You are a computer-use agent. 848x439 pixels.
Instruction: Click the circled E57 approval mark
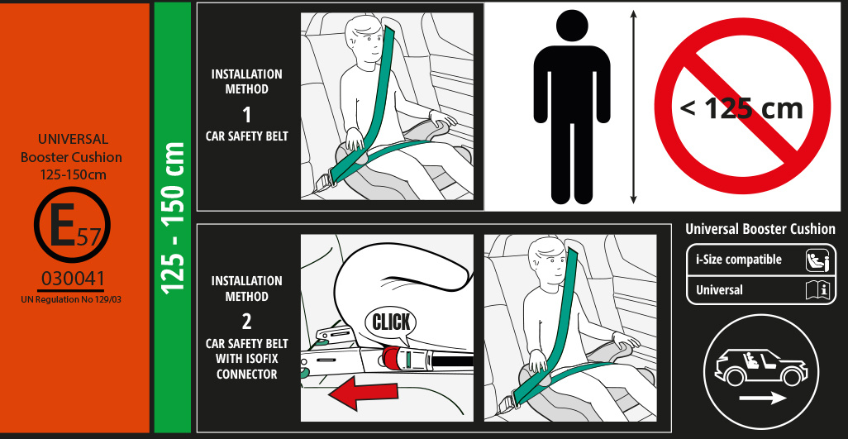pyautogui.click(x=72, y=225)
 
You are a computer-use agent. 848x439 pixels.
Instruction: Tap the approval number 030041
pyautogui.click(x=73, y=279)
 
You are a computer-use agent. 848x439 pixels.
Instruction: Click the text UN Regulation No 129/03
pyautogui.click(x=71, y=299)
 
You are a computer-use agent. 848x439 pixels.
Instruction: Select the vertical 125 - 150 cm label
pyautogui.click(x=173, y=218)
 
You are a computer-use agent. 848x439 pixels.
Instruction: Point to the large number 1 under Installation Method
pyautogui.click(x=246, y=115)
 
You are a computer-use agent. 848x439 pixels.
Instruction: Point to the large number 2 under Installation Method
pyautogui.click(x=246, y=322)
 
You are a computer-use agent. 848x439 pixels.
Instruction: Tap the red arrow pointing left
pyautogui.click(x=363, y=393)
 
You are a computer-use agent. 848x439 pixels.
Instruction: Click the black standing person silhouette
pyautogui.click(x=572, y=107)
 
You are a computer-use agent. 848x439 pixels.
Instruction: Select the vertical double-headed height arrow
pyautogui.click(x=633, y=107)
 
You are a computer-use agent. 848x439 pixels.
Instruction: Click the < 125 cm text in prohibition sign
pyautogui.click(x=741, y=108)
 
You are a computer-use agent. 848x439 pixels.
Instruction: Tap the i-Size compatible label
pyautogui.click(x=738, y=260)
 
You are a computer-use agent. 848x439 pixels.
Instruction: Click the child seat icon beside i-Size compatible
pyautogui.click(x=817, y=260)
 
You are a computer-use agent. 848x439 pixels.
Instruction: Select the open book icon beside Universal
pyautogui.click(x=817, y=290)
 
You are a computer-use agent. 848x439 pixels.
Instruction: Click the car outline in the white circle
pyautogui.click(x=760, y=367)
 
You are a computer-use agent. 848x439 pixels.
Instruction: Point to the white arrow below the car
pyautogui.click(x=763, y=398)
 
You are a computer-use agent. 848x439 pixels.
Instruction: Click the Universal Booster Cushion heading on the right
pyautogui.click(x=760, y=229)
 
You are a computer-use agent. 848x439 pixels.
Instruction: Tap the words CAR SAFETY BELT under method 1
pyautogui.click(x=246, y=136)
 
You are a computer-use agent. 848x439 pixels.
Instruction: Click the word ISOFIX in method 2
pyautogui.click(x=262, y=359)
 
